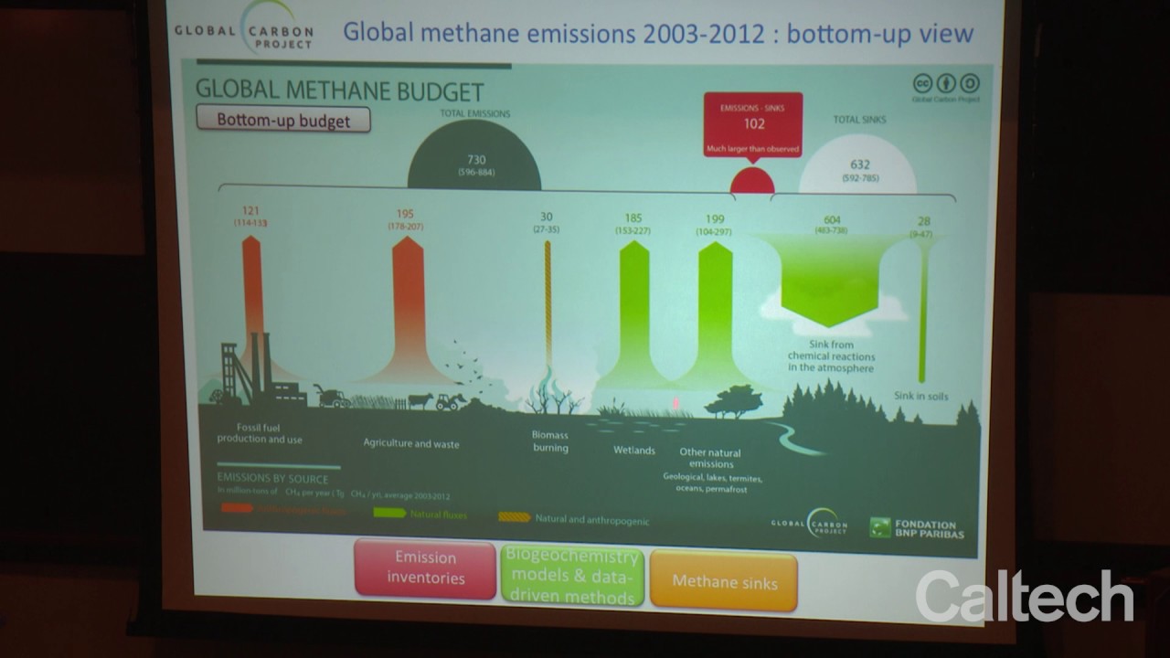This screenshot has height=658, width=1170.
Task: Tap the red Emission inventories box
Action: click(425, 568)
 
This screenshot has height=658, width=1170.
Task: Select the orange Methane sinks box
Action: click(725, 581)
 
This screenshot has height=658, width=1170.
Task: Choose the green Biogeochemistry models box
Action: click(572, 577)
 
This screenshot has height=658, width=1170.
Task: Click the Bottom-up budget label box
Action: click(283, 120)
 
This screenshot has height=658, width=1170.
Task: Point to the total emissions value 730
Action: click(476, 159)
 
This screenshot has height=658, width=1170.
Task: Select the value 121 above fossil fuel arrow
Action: click(251, 211)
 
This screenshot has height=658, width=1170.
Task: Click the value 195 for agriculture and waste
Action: click(406, 213)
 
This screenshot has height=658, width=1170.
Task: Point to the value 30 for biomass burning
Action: click(547, 217)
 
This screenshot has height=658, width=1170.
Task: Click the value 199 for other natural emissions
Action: click(715, 219)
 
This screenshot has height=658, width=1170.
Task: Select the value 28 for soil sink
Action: click(924, 222)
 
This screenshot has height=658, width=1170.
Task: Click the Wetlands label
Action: click(634, 451)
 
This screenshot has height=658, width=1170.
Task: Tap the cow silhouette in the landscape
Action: click(420, 401)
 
